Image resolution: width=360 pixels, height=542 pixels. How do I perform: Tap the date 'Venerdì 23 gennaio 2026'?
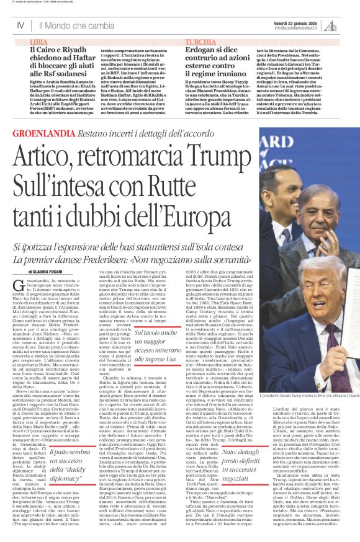coord(310,20)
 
